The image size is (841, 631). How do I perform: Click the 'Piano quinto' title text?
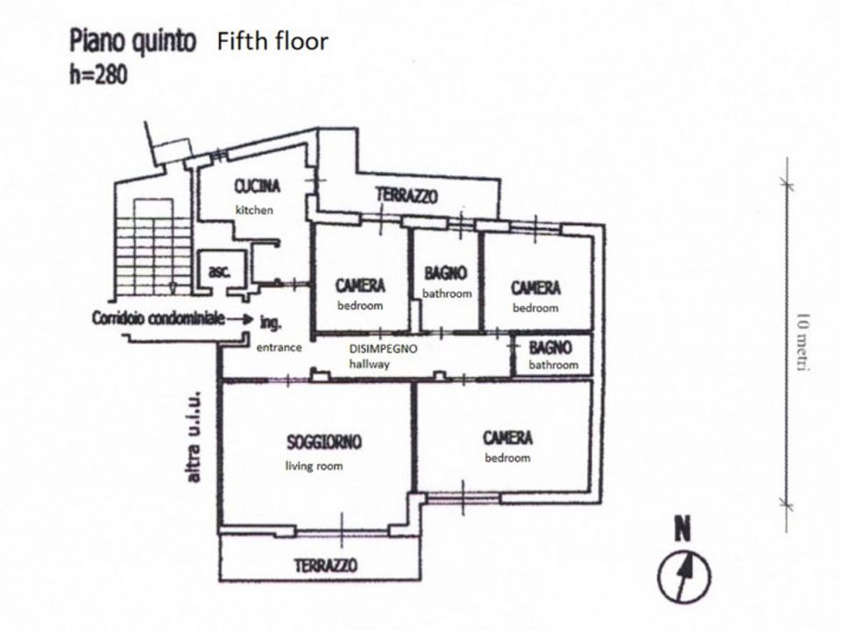[x=133, y=42]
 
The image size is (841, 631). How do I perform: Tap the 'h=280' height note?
[x=99, y=74]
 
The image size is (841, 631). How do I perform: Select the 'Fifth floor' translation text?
[x=272, y=41]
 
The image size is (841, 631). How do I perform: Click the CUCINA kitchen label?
[x=257, y=186]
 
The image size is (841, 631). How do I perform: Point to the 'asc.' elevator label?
[x=219, y=272]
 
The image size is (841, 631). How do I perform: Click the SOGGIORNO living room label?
[x=324, y=442]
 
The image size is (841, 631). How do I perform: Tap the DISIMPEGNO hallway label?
[x=383, y=348]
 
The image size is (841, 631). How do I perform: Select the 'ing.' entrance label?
[x=271, y=323]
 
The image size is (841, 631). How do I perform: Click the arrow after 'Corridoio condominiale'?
[x=240, y=320]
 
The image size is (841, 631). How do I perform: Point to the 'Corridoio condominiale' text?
[x=159, y=318]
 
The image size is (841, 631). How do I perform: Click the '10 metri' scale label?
[x=803, y=343]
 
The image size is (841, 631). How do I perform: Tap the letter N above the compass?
[x=682, y=528]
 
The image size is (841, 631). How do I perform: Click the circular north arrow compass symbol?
[x=684, y=577]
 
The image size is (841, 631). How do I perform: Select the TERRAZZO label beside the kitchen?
[x=406, y=195]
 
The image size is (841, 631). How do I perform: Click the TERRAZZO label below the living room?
[x=326, y=565]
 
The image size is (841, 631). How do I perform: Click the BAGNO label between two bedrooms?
[x=446, y=273]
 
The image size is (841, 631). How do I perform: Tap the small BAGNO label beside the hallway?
[x=550, y=347]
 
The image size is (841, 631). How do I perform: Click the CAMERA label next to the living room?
[x=507, y=438]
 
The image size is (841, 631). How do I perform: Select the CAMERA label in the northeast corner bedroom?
[x=536, y=287]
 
